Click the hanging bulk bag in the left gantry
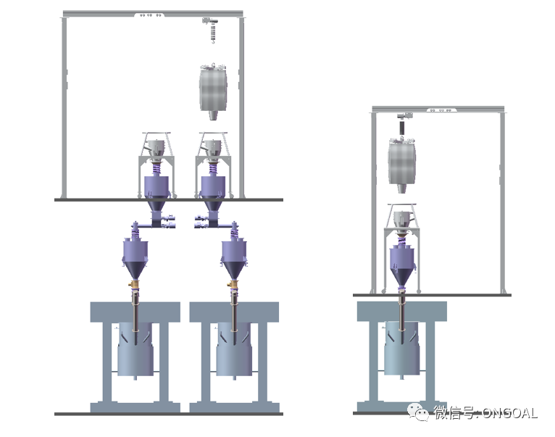(x=213, y=91)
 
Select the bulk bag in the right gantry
(x=401, y=165)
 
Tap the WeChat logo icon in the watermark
(x=419, y=412)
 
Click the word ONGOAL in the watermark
(x=509, y=413)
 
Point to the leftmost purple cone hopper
(x=135, y=259)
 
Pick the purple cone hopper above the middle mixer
(x=233, y=259)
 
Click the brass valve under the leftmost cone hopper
(x=134, y=283)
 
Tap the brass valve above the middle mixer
(x=233, y=283)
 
